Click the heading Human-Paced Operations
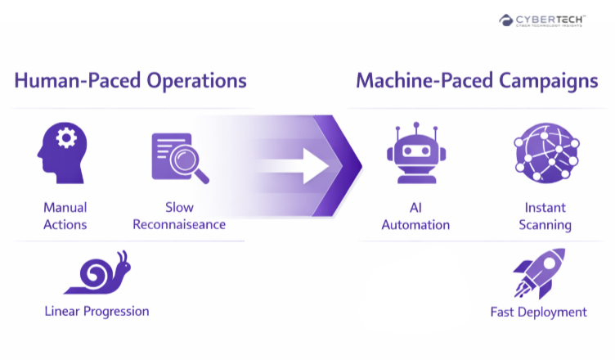pyautogui.click(x=130, y=81)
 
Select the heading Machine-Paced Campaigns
pyautogui.click(x=476, y=81)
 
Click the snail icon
pyautogui.click(x=97, y=273)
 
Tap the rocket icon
pyautogui.click(x=539, y=273)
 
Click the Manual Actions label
pyautogui.click(x=65, y=216)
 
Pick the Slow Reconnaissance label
pyautogui.click(x=179, y=216)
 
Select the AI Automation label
pyautogui.click(x=415, y=216)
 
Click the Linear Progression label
pyautogui.click(x=97, y=311)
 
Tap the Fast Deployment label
pyautogui.click(x=539, y=312)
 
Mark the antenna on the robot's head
pyautogui.click(x=415, y=129)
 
